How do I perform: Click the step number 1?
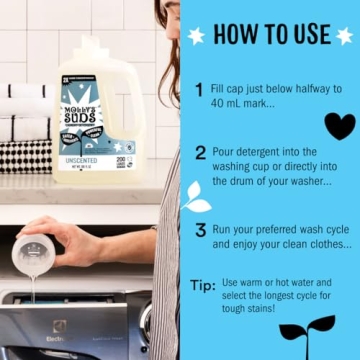coord(200,89)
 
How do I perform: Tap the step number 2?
coord(200,153)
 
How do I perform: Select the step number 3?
coord(200,230)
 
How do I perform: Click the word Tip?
coord(202,285)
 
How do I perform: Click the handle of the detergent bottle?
coord(127,95)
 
